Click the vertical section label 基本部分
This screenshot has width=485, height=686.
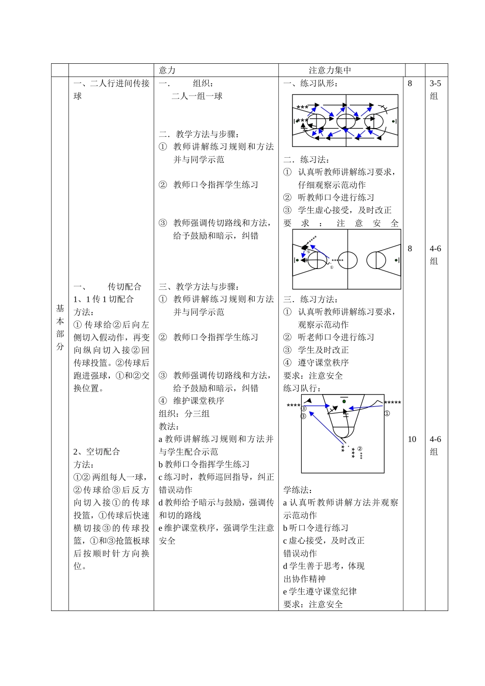click(x=60, y=328)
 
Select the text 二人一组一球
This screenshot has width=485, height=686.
click(x=197, y=96)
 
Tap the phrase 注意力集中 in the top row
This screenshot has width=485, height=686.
click(x=330, y=70)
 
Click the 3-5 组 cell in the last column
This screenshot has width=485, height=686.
click(x=435, y=89)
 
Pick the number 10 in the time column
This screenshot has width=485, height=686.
click(x=412, y=439)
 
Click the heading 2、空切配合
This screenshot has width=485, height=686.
click(x=96, y=452)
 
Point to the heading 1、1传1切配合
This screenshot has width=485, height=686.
click(x=104, y=299)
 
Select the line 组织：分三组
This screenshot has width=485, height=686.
click(x=184, y=413)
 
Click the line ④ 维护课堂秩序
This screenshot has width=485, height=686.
click(x=191, y=401)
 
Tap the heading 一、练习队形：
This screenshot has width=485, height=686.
click(x=310, y=84)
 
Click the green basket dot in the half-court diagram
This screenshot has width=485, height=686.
click(x=344, y=401)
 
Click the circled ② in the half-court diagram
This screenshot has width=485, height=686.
click(x=359, y=449)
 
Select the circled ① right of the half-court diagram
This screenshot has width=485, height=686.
click(x=387, y=413)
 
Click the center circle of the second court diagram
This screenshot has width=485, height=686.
click(x=348, y=260)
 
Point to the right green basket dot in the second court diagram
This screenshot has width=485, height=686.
click(x=396, y=260)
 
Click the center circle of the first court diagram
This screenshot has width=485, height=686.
click(x=346, y=121)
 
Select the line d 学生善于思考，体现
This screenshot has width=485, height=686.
click(x=324, y=566)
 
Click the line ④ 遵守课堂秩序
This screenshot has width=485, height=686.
click(x=316, y=363)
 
